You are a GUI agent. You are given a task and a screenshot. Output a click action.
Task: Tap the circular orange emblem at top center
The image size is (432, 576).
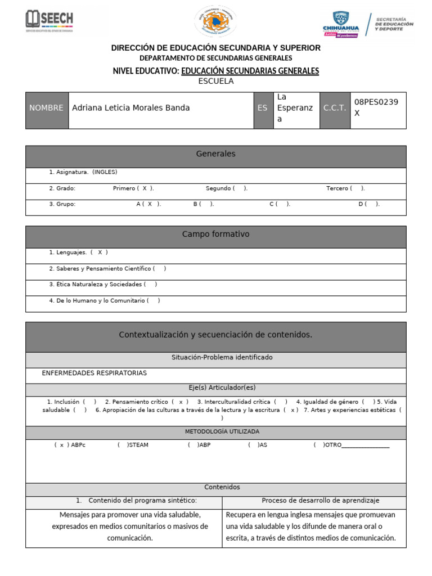215,22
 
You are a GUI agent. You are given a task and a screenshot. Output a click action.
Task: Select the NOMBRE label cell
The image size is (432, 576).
47,108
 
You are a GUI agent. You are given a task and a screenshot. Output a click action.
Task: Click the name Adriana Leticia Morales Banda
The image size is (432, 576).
131,108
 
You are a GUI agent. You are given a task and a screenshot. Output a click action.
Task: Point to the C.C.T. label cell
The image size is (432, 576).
335,108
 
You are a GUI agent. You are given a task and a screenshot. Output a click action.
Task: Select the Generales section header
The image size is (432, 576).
215,154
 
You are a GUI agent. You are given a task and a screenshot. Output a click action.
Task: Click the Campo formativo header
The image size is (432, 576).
215,234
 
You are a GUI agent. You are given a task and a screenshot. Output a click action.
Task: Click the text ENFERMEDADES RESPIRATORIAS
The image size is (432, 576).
94,373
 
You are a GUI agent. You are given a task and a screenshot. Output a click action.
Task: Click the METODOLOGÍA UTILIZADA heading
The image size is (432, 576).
215,431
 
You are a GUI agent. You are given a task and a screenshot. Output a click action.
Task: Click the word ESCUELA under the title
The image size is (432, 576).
215,81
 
